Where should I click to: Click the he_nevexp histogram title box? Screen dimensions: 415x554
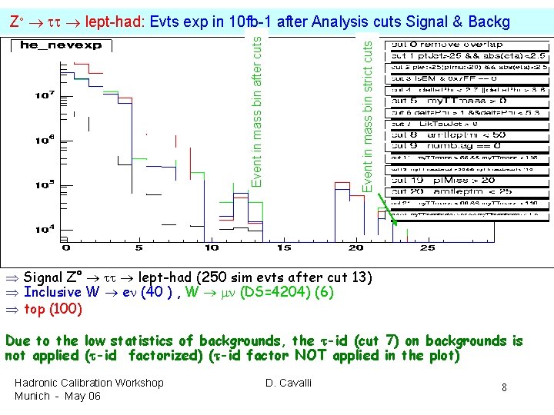44,45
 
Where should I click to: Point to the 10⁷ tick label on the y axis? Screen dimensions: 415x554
44,95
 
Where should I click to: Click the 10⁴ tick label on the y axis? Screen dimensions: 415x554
44,228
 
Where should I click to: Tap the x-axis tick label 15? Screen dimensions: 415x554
283,247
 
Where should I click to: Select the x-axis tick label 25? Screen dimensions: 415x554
427,247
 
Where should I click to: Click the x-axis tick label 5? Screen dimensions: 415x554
138,247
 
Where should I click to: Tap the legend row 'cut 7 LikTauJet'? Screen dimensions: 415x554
435,123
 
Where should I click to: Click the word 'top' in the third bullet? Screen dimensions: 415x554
35,310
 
